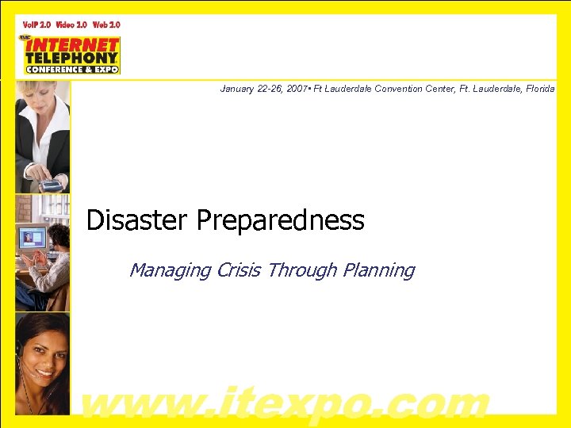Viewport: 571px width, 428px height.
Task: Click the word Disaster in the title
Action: pos(137,220)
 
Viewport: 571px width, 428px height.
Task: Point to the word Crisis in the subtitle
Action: pos(239,270)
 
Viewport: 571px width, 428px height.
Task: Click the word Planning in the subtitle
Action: pos(378,270)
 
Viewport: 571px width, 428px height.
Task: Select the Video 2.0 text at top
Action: pos(71,25)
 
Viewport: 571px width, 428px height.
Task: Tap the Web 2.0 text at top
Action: pos(106,25)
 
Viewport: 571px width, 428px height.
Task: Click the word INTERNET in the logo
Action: pos(71,44)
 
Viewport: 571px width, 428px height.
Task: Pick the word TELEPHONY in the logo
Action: pos(71,57)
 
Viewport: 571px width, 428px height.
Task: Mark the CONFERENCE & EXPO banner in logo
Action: pos(71,69)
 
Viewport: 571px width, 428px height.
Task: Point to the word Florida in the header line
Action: pos(540,90)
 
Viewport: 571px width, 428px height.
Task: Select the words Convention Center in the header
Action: pos(412,90)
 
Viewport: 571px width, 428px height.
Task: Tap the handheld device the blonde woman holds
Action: pos(52,185)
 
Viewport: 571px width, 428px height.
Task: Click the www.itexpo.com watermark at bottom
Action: pos(285,403)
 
